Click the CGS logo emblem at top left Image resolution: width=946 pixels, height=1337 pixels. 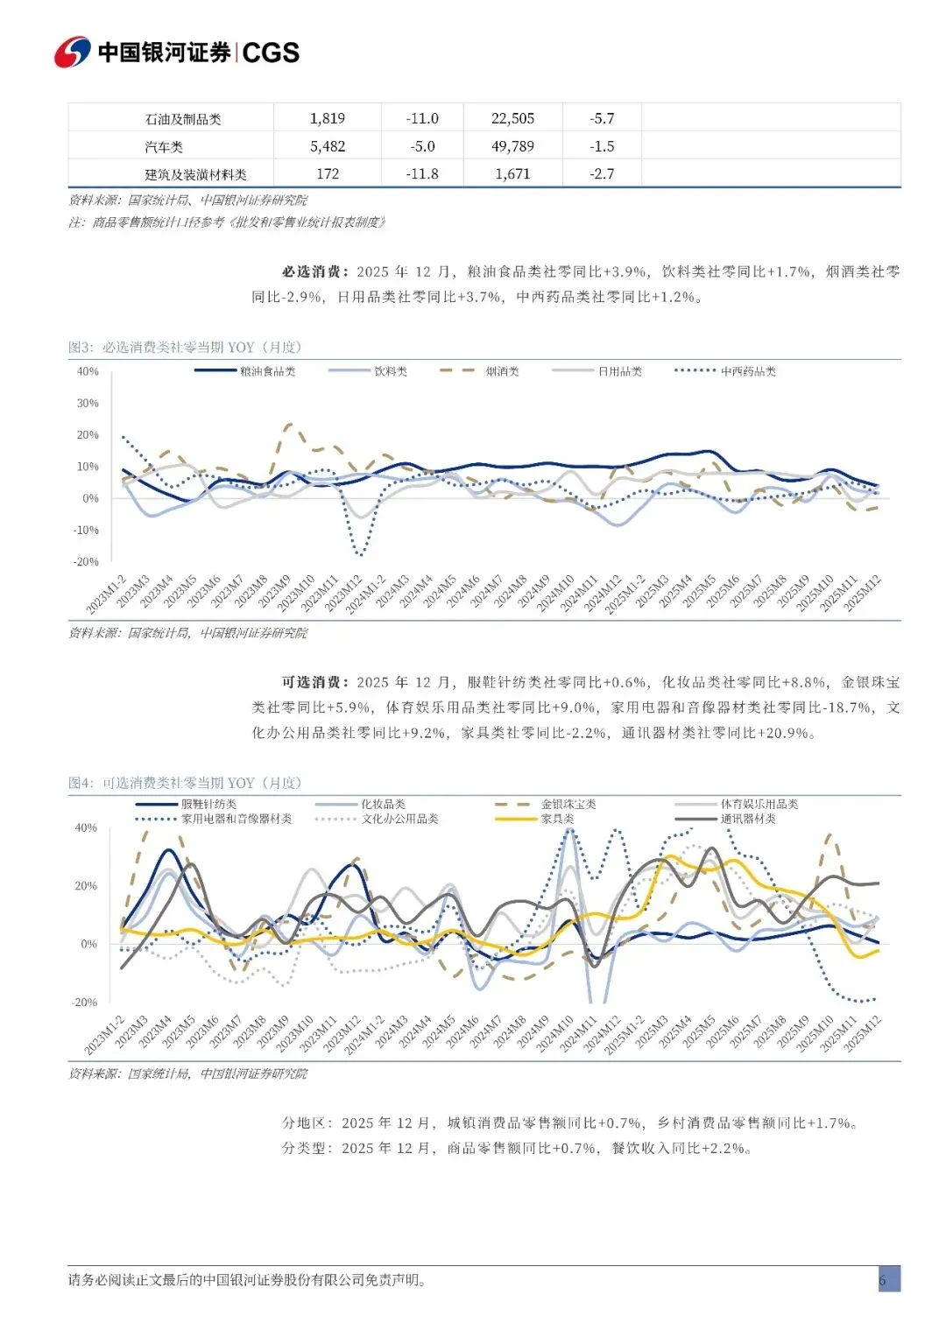(73, 53)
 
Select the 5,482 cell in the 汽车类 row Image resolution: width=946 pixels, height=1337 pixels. (328, 146)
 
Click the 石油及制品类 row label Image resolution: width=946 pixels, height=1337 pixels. (183, 119)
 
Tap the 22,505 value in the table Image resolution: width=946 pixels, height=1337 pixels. (512, 118)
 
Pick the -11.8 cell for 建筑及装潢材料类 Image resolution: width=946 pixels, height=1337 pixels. (422, 173)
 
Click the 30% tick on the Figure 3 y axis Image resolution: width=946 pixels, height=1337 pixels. (88, 403)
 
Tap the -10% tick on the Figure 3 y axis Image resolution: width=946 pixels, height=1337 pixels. (86, 530)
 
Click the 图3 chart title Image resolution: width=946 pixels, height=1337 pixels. (185, 347)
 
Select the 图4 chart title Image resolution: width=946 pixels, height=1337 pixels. (185, 783)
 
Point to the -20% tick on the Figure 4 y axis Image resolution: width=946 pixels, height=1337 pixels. (85, 1002)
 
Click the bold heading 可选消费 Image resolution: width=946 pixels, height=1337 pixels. (314, 682)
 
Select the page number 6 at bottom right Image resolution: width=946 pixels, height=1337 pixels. (882, 1280)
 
